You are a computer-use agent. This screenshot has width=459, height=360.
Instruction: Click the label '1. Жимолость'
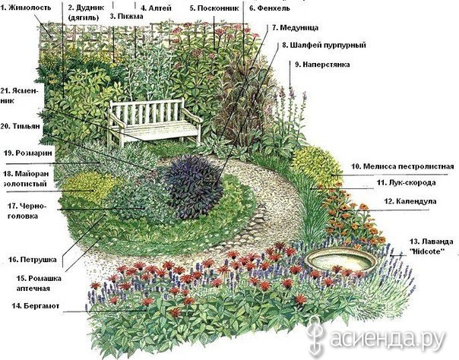(26, 8)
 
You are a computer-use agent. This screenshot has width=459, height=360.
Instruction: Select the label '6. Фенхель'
(270, 8)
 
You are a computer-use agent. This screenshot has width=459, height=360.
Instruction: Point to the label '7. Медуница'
(295, 28)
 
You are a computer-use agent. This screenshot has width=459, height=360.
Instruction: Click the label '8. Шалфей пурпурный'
(324, 46)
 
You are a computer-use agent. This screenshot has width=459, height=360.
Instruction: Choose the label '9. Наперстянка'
(322, 65)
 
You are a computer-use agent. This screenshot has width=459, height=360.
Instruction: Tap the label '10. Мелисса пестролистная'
(403, 166)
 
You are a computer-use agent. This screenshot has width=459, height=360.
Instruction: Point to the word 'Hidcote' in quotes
(429, 251)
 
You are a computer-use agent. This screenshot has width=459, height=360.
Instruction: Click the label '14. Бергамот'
(36, 306)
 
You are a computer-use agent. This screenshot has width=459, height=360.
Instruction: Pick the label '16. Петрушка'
(32, 260)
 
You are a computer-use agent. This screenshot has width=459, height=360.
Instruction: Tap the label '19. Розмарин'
(28, 153)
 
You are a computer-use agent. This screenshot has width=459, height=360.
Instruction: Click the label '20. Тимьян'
(21, 126)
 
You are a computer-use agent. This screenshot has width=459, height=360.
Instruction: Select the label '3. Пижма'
(126, 16)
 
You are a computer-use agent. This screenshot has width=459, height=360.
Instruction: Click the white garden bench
(154, 121)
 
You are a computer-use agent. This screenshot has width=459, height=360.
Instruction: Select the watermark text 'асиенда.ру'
(386, 339)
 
